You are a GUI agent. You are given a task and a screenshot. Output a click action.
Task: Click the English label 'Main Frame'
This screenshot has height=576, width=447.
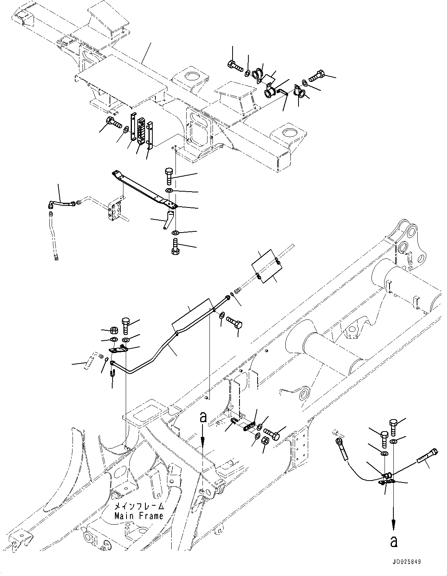tap(138, 516)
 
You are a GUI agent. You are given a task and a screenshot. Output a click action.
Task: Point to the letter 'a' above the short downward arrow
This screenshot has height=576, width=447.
tap(203, 417)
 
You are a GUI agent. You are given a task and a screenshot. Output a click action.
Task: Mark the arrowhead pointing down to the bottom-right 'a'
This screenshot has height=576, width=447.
tap(394, 525)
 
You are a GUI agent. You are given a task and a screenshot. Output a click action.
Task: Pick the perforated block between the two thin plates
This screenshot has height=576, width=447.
tap(141, 129)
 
